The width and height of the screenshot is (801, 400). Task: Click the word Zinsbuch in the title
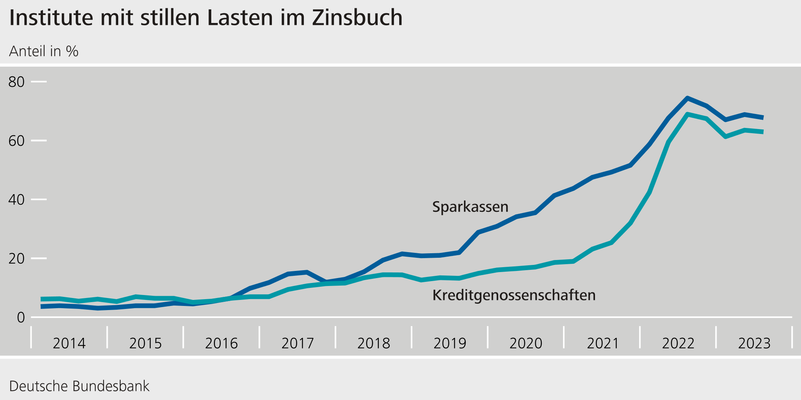(357, 18)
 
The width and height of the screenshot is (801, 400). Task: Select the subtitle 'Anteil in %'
(44, 51)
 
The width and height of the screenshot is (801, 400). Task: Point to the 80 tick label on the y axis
(16, 82)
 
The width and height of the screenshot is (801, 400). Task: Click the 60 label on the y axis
(16, 141)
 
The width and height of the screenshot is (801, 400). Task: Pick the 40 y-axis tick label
(16, 200)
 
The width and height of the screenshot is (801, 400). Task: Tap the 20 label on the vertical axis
(16, 259)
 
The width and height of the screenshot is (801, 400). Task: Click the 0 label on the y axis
(21, 318)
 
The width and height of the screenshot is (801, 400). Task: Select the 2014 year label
(69, 344)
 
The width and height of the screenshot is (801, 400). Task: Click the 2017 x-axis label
(298, 344)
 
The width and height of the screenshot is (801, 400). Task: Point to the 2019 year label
(450, 344)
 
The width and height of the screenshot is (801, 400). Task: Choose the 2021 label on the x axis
(603, 344)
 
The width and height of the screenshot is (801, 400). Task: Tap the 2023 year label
(754, 344)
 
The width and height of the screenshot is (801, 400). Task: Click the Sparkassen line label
(470, 207)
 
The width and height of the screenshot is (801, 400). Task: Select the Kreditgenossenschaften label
(514, 295)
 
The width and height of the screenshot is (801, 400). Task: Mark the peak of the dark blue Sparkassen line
(688, 98)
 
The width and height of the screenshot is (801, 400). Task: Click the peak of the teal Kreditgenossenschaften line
(688, 114)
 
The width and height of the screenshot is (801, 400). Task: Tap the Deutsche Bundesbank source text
(79, 386)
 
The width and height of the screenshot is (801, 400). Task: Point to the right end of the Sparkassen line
(763, 118)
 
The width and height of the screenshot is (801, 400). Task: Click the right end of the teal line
(763, 132)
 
